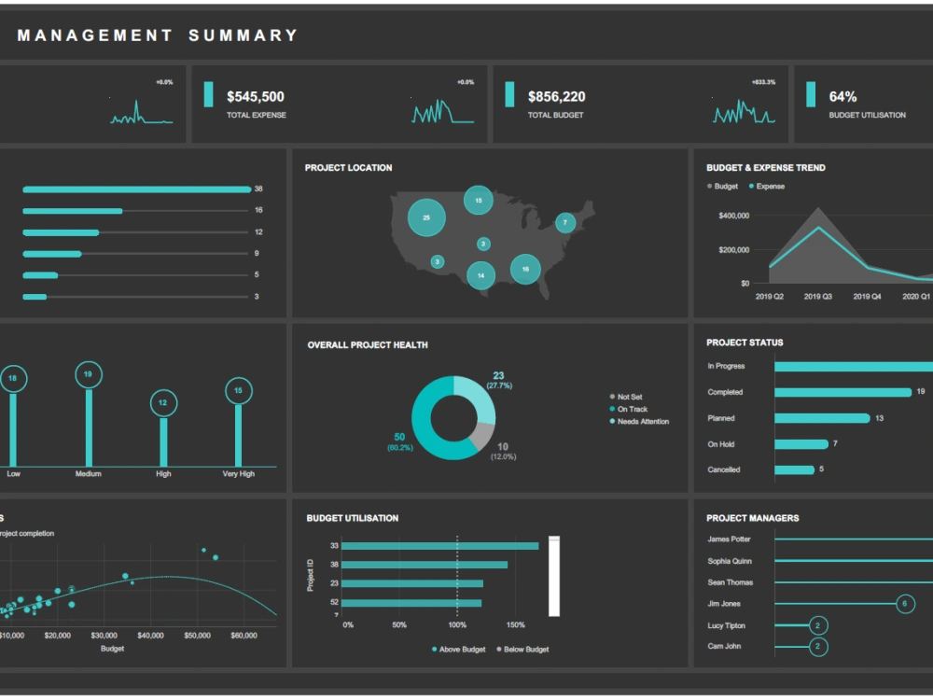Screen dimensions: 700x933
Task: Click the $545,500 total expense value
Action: coord(256,97)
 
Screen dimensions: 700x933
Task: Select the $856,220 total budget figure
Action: coord(556,97)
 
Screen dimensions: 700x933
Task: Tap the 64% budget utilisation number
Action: coord(842,97)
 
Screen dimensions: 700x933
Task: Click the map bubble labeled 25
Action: coord(426,217)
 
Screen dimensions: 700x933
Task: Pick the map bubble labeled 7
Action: coord(565,223)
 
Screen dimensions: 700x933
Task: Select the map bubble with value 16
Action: coord(525,269)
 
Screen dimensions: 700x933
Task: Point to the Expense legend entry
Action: coord(770,187)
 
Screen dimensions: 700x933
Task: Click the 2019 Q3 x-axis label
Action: coord(818,297)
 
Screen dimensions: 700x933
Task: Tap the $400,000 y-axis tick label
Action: coord(733,216)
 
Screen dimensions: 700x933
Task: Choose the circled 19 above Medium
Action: coord(89,375)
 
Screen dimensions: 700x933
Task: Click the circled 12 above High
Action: coord(163,403)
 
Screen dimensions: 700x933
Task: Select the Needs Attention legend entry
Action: coord(642,422)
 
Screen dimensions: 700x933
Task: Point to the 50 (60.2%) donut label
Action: coord(399,441)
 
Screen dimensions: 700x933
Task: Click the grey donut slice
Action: coord(481,435)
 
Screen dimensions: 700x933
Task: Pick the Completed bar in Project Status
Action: coord(842,393)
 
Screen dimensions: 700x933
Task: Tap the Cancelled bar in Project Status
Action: coord(794,470)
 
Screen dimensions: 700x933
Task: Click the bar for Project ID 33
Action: coord(439,546)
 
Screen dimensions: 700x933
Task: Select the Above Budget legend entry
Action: coord(462,650)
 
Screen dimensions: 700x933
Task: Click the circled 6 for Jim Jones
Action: coord(904,604)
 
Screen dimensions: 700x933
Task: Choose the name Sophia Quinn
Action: coord(729,562)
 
